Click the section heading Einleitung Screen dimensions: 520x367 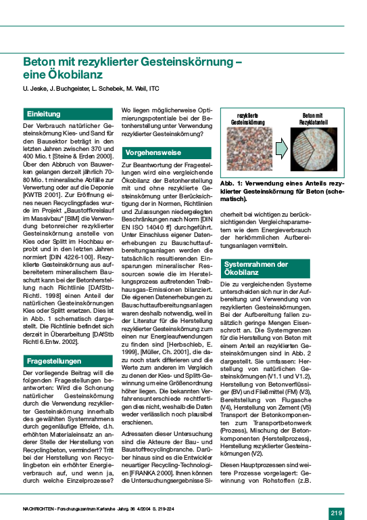(43, 114)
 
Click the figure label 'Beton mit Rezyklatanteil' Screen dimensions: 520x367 (314, 119)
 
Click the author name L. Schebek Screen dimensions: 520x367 (105, 88)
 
